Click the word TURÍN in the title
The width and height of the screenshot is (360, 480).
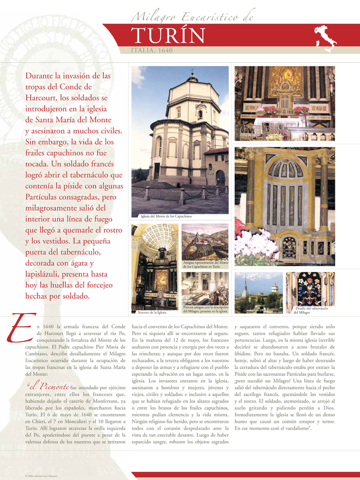click(169, 36)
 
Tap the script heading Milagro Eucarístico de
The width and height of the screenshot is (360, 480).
click(193, 18)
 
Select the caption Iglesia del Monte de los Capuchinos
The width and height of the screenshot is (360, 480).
click(166, 217)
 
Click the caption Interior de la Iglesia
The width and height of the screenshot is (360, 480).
click(152, 313)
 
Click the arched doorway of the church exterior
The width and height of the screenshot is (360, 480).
click(220, 177)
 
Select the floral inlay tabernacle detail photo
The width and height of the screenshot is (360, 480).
click(310, 289)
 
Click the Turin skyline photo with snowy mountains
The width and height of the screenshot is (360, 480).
click(258, 292)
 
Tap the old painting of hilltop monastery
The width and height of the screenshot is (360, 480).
click(205, 241)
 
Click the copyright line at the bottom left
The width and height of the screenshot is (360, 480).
click(41, 476)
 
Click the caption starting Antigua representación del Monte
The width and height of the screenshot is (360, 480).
click(205, 265)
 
